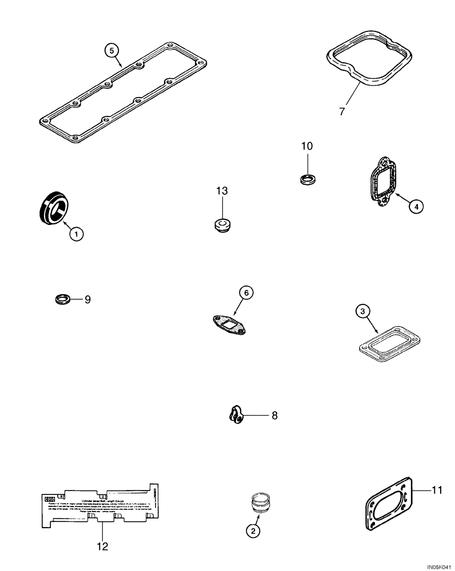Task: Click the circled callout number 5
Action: tap(113, 50)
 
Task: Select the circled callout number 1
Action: tap(77, 233)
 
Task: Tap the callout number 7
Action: tap(342, 111)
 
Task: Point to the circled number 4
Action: tap(416, 207)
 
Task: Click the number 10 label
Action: tap(307, 146)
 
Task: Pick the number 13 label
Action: tap(222, 191)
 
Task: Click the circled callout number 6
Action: tap(245, 293)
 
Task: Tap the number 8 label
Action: tap(274, 416)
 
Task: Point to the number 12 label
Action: tap(101, 546)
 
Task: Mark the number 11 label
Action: tap(437, 489)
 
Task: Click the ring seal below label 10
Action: tap(309, 179)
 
